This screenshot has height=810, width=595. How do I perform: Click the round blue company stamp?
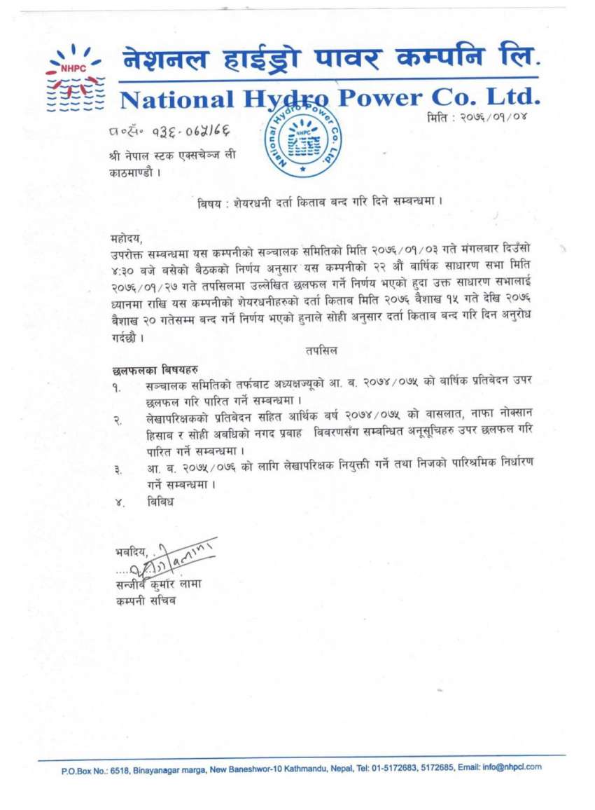coord(302,137)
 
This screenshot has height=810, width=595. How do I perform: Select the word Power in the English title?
coord(387,97)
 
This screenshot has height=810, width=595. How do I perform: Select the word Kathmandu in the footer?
coord(308,769)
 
